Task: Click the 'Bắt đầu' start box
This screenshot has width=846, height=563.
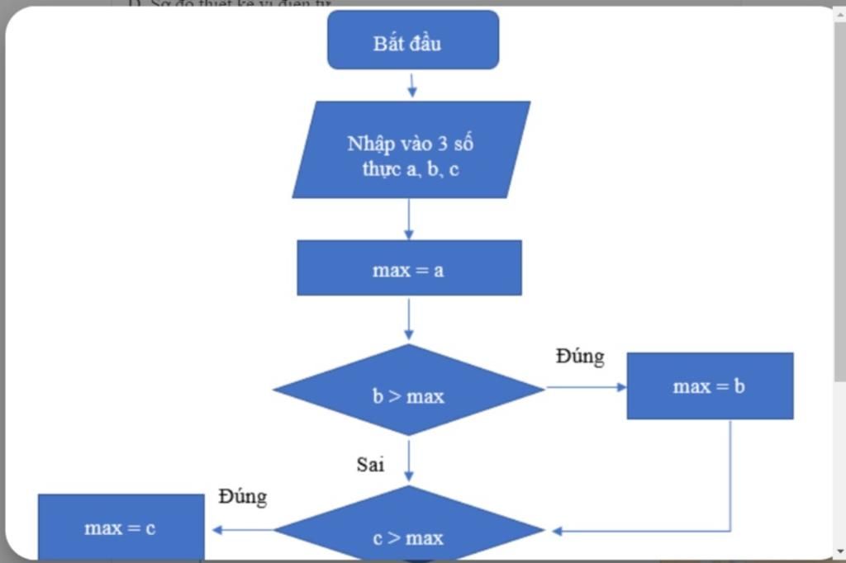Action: point(413,40)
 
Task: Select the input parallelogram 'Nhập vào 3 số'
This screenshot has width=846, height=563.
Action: point(411,150)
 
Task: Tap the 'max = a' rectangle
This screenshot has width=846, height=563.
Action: point(409,268)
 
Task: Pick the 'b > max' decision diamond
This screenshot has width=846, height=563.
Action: point(408,390)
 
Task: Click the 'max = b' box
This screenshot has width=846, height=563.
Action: point(710,386)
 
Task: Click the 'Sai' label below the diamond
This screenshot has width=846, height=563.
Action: point(370,465)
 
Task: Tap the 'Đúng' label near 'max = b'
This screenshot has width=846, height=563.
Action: point(580,357)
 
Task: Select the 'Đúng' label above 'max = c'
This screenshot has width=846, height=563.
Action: point(243,497)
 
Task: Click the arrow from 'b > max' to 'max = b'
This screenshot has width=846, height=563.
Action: point(585,386)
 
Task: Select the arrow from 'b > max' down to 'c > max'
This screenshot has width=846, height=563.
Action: point(409,461)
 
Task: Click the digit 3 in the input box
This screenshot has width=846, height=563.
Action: point(443,143)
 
